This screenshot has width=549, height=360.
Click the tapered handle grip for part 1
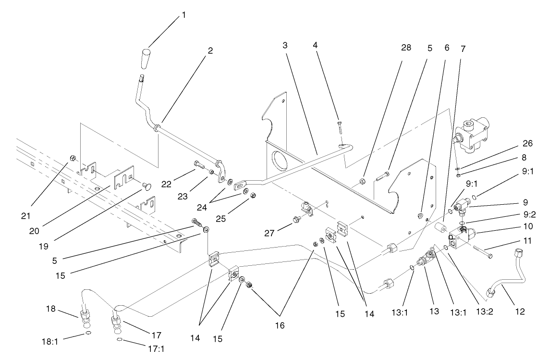point(146,59)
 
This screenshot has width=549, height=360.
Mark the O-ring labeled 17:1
point(119,340)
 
